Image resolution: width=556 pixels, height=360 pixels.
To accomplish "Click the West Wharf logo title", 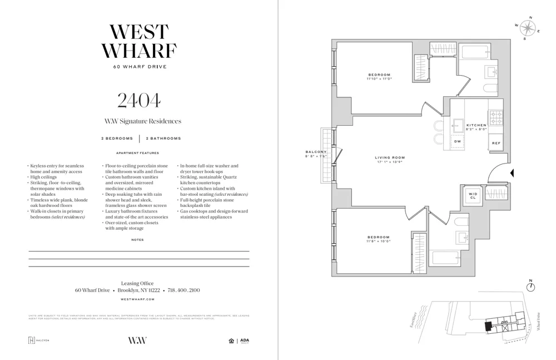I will click(138, 41).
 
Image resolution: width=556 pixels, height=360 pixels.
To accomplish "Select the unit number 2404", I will click(138, 100).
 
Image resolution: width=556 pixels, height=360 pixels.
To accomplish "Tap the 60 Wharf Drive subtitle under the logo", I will click(139, 67).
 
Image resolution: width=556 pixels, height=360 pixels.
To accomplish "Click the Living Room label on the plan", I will click(390, 157).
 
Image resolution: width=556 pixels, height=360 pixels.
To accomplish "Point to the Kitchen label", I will click(476, 125).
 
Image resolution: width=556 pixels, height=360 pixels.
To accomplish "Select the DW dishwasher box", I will click(458, 142).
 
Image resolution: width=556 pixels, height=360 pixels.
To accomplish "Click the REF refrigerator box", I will click(496, 143).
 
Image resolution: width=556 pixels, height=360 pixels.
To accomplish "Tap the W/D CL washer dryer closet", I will click(473, 196).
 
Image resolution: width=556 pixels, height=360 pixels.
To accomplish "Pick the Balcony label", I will click(316, 152).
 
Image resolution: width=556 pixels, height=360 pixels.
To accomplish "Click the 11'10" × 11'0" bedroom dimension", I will click(379, 79).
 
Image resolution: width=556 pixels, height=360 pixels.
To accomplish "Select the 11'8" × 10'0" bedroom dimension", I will click(378, 241).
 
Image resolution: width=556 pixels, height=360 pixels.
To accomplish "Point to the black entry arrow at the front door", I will click(512, 173).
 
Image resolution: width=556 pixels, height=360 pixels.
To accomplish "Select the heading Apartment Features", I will click(137, 153).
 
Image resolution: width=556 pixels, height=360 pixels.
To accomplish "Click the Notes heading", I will click(137, 240).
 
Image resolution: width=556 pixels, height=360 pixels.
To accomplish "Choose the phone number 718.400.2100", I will click(183, 290).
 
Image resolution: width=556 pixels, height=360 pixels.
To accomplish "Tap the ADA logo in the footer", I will click(245, 341).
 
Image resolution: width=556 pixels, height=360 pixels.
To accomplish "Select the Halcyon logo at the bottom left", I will click(38, 341).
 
